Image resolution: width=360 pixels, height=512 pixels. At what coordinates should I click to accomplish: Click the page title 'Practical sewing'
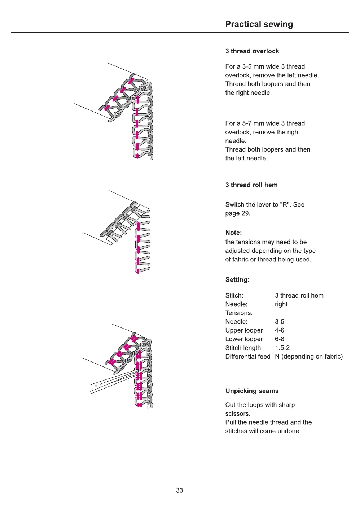259,24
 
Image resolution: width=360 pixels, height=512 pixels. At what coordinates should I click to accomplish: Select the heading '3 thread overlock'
252,51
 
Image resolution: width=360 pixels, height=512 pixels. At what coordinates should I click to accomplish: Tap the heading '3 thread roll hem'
251,185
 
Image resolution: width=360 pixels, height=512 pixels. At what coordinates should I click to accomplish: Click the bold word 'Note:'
233,233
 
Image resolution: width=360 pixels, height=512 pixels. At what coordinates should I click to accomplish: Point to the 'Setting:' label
237,280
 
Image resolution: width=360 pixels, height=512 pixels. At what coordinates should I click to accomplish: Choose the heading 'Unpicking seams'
252,391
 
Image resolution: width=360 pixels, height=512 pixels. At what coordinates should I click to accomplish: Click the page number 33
179,490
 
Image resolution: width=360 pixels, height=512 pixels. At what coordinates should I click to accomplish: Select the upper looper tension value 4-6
280,330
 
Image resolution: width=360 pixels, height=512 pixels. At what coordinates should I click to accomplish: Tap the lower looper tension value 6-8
280,339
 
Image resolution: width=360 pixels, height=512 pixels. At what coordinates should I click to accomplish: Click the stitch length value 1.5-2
282,348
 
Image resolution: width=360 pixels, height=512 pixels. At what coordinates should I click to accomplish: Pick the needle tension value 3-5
280,322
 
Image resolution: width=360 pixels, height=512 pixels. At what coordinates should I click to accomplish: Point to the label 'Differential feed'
248,356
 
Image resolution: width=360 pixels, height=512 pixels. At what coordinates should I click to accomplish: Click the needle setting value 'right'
281,304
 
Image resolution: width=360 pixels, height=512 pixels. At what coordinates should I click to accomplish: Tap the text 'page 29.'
238,213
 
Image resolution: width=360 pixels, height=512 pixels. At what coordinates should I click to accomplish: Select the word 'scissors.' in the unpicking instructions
238,414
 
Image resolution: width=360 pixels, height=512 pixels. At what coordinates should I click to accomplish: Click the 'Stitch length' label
243,348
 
